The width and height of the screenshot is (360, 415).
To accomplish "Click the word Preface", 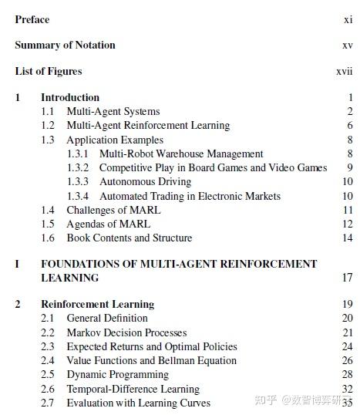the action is click(32, 19).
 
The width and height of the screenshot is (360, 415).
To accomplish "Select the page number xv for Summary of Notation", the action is click(348, 46).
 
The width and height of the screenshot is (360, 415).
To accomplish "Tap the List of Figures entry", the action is click(48, 72).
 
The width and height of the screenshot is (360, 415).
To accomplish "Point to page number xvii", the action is click(345, 72).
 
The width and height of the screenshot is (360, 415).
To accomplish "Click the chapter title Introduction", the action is click(70, 98).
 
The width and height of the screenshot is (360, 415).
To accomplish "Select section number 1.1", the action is click(48, 112).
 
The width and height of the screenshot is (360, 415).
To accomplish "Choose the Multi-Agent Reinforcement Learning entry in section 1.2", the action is click(148, 126).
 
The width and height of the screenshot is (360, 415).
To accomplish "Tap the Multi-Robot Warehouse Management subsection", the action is click(181, 154).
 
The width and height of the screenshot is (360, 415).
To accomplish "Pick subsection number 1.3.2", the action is click(78, 168).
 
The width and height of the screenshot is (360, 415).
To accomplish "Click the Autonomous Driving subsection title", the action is click(145, 182).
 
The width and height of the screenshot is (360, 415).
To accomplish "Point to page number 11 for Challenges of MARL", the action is click(348, 211).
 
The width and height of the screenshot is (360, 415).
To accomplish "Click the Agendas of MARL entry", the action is click(109, 224).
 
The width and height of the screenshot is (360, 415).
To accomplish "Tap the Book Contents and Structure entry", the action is click(130, 238).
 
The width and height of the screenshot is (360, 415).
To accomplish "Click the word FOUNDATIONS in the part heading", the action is click(80, 264).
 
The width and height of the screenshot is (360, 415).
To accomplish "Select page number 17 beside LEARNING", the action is click(348, 278).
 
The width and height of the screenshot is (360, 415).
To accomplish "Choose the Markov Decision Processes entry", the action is click(126, 333).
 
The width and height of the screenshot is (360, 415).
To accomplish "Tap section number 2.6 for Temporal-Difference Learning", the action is click(48, 390).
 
